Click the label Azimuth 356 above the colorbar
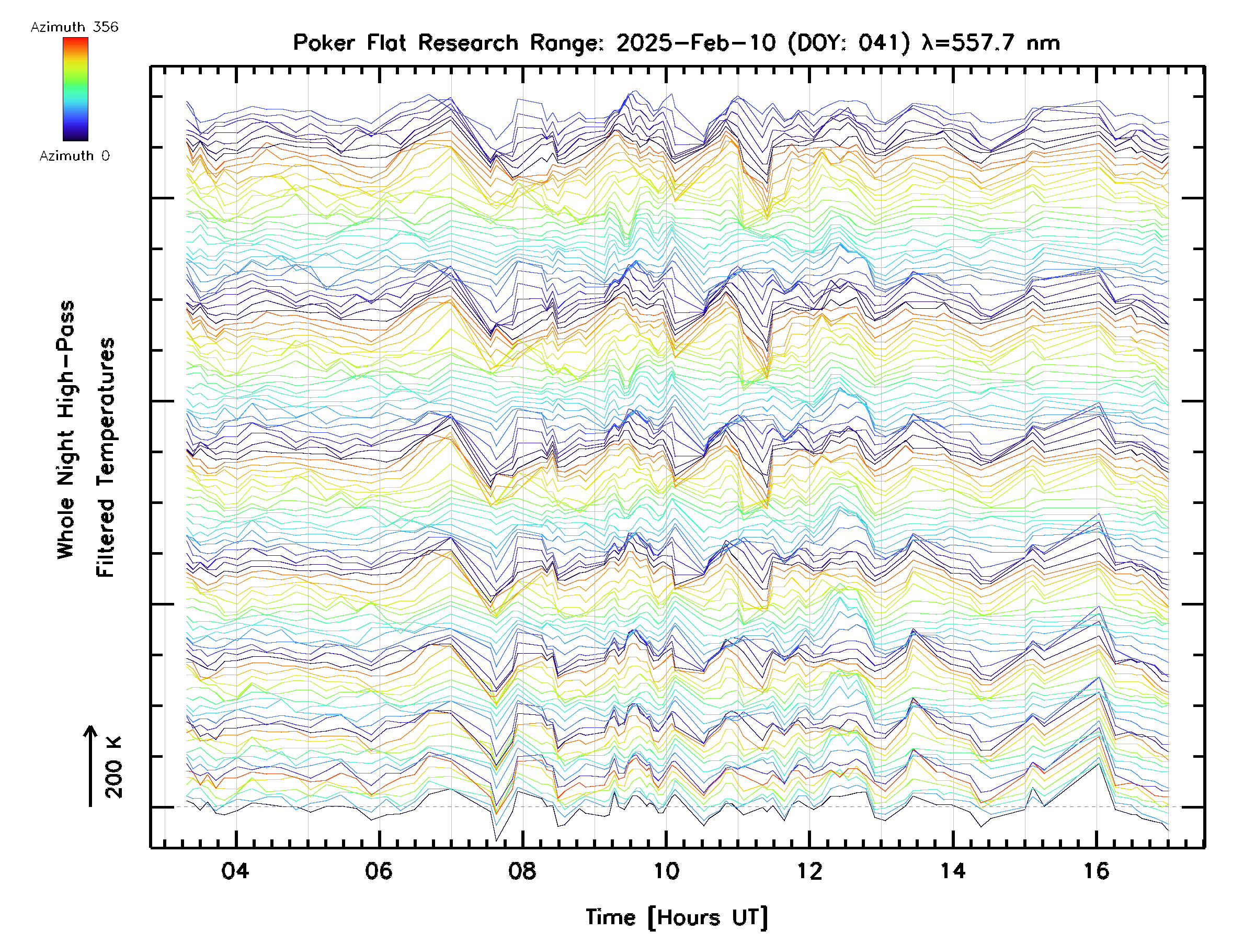[74, 27]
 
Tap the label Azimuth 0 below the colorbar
[74, 156]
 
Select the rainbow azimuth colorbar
[75, 89]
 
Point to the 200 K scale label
[113, 768]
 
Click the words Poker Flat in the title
[349, 43]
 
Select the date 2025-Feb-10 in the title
[696, 43]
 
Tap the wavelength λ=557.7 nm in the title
[990, 43]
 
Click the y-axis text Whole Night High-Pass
[66, 430]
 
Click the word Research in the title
[468, 43]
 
